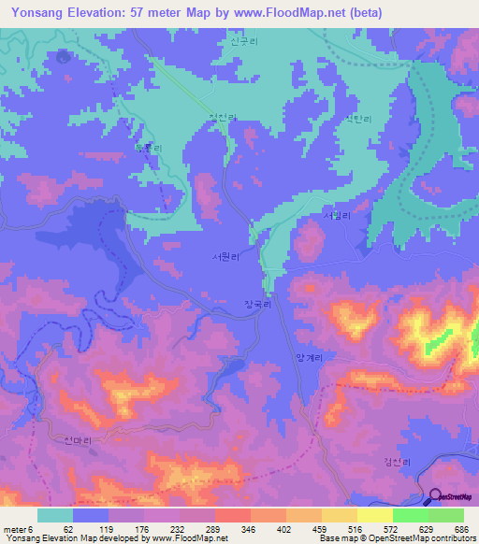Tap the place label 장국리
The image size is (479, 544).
point(256,304)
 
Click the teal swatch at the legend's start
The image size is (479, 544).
point(55,515)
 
